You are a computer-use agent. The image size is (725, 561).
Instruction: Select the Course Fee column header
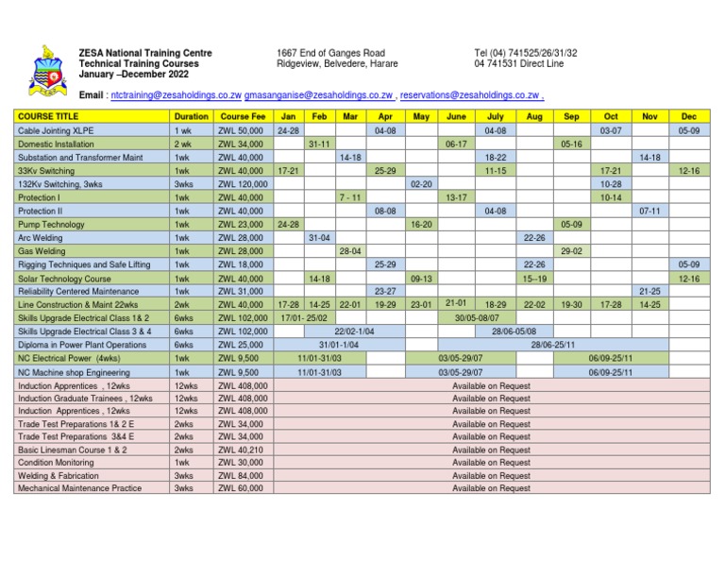point(241,116)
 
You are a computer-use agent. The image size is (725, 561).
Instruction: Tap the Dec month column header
point(688,116)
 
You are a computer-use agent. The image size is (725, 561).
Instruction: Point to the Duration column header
point(192,116)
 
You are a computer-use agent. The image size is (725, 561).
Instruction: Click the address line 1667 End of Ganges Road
point(330,53)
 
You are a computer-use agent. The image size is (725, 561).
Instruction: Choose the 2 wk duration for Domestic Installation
point(183,144)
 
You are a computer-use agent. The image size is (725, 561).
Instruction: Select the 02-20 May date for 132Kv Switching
point(420,184)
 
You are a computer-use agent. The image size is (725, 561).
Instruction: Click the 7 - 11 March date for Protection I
point(350,197)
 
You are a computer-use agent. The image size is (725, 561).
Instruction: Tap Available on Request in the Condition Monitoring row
point(491,463)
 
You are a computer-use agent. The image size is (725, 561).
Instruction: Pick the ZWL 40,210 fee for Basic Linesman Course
point(241,450)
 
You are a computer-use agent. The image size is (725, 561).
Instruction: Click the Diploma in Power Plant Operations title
point(82,346)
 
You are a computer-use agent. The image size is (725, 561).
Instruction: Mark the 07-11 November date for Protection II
point(649,212)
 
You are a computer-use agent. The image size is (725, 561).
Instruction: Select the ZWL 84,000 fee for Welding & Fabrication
point(241,476)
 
